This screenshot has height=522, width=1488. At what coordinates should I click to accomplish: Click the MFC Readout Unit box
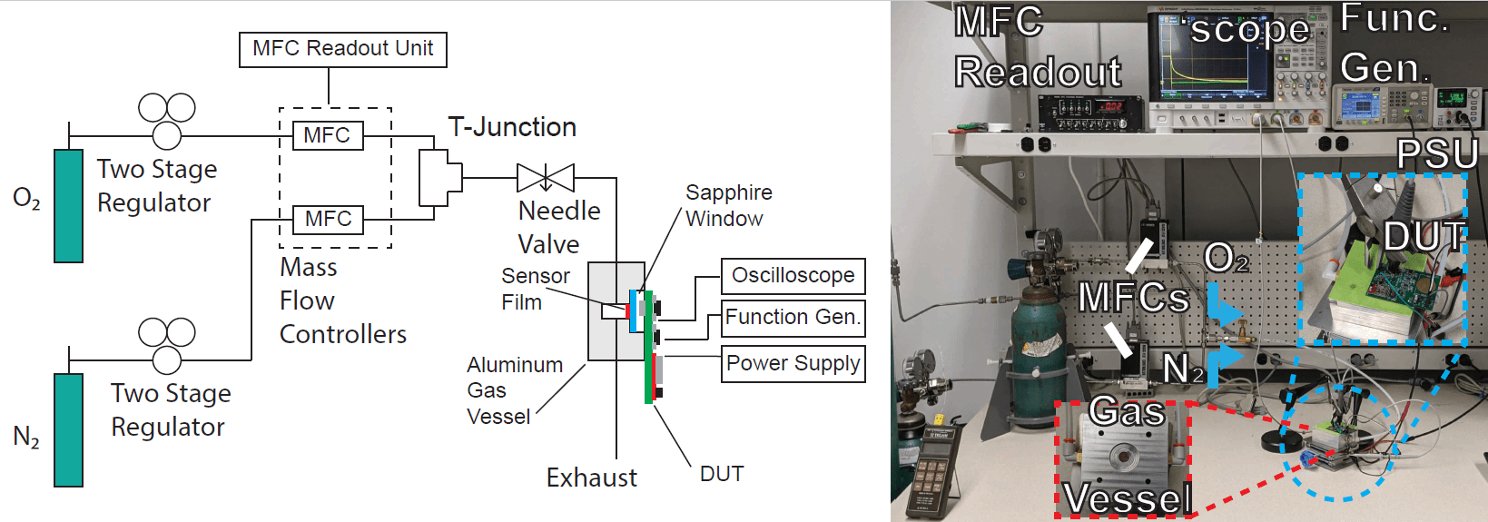point(343,49)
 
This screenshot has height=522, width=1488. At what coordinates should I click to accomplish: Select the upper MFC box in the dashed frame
point(328,135)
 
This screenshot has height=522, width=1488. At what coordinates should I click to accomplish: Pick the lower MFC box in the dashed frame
point(328,219)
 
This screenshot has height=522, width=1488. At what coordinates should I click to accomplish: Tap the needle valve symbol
point(546,177)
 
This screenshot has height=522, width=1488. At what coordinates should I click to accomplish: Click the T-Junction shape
point(439,178)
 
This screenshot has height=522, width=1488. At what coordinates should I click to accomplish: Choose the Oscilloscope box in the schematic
point(793,276)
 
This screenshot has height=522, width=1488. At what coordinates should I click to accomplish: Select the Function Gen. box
point(793,318)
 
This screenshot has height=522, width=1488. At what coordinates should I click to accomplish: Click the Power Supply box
point(793,363)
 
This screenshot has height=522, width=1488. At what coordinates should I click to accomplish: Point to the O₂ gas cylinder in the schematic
point(68,206)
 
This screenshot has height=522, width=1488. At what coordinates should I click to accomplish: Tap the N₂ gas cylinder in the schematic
point(68,430)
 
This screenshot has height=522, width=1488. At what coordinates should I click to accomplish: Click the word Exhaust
point(591,478)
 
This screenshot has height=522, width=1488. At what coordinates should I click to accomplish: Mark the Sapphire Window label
point(728,205)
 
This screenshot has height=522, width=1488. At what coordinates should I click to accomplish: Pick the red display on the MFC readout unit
point(1110,106)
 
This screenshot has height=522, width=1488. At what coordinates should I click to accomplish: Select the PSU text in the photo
point(1437,154)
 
